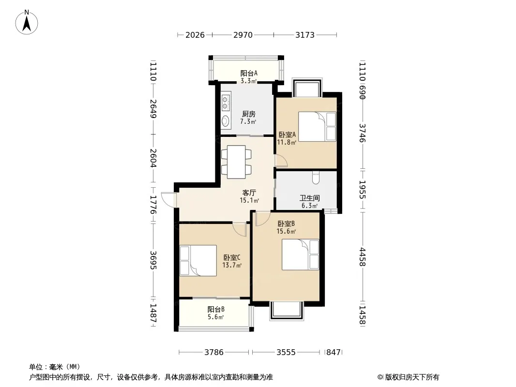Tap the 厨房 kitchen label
tap(248, 114)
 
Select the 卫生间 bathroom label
tap(309, 198)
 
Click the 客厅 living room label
tap(249, 193)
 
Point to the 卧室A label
tap(287, 135)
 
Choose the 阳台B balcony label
tap(216, 310)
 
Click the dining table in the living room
tap(236, 162)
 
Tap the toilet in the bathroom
tap(316, 178)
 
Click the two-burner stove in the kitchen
tap(226, 102)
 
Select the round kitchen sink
tap(226, 120)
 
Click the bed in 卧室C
tap(198, 260)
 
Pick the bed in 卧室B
tap(301, 255)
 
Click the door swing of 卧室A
tap(281, 161)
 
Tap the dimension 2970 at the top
tap(243, 35)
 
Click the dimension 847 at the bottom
tap(334, 352)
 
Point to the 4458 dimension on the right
tap(363, 257)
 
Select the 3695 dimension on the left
tap(153, 260)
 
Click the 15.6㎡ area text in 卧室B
tap(286, 232)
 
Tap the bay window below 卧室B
tap(286, 311)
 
